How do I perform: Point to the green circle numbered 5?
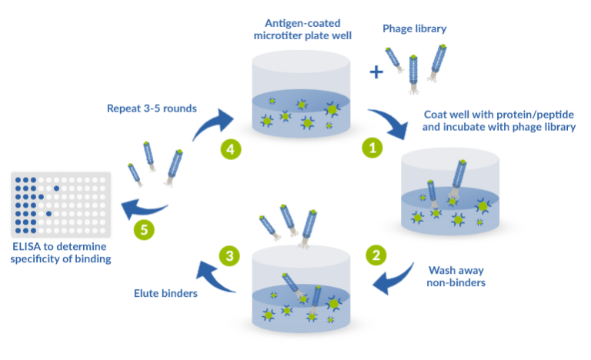point(142,228)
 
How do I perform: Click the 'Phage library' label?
point(416,28)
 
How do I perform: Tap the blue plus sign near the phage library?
point(376,72)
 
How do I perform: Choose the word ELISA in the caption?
point(25,247)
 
